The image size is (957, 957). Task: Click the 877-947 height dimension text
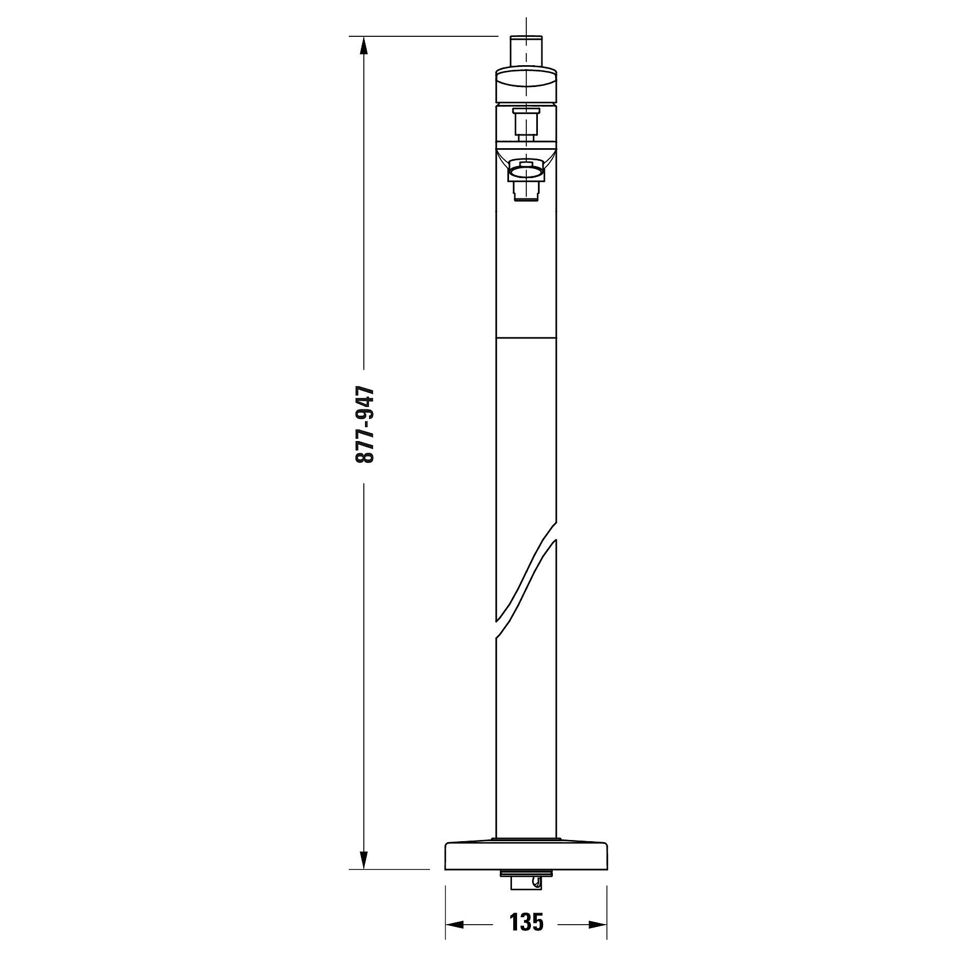pyautogui.click(x=365, y=425)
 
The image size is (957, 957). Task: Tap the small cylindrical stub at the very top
pyautogui.click(x=526, y=52)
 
